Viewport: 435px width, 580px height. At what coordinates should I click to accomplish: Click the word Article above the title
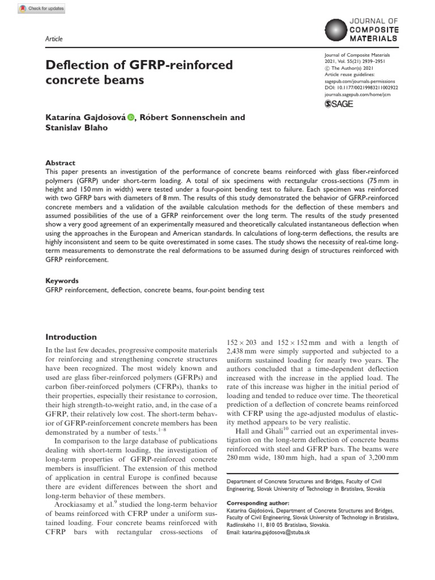pyautogui.click(x=54, y=39)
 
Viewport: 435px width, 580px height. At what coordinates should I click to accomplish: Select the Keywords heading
pyautogui.click(x=62, y=280)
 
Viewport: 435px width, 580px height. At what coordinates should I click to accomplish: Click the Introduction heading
pyautogui.click(x=71, y=336)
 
